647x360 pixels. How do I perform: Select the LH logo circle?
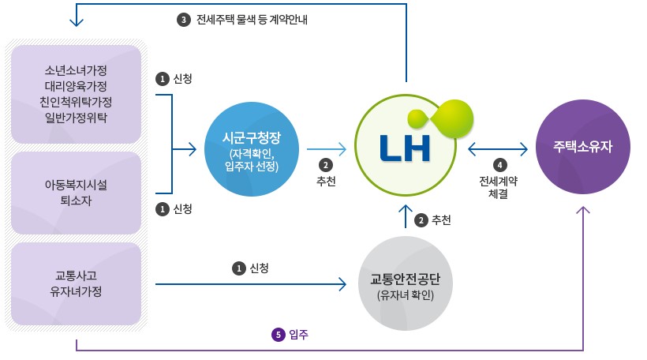(x=406, y=147)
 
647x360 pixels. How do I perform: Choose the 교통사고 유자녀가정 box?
(x=77, y=283)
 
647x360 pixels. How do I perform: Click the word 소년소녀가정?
(x=77, y=68)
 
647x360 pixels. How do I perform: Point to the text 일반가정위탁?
(x=77, y=118)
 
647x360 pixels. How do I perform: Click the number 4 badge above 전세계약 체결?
(x=499, y=166)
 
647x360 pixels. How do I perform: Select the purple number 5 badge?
(x=278, y=335)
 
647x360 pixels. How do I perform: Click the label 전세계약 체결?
(x=499, y=186)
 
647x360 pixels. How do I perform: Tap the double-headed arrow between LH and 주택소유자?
(x=498, y=148)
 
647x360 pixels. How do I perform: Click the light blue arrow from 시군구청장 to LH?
(x=326, y=148)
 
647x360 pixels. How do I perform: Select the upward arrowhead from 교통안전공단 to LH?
(x=406, y=209)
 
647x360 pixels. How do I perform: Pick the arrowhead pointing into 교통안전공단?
(x=343, y=283)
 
